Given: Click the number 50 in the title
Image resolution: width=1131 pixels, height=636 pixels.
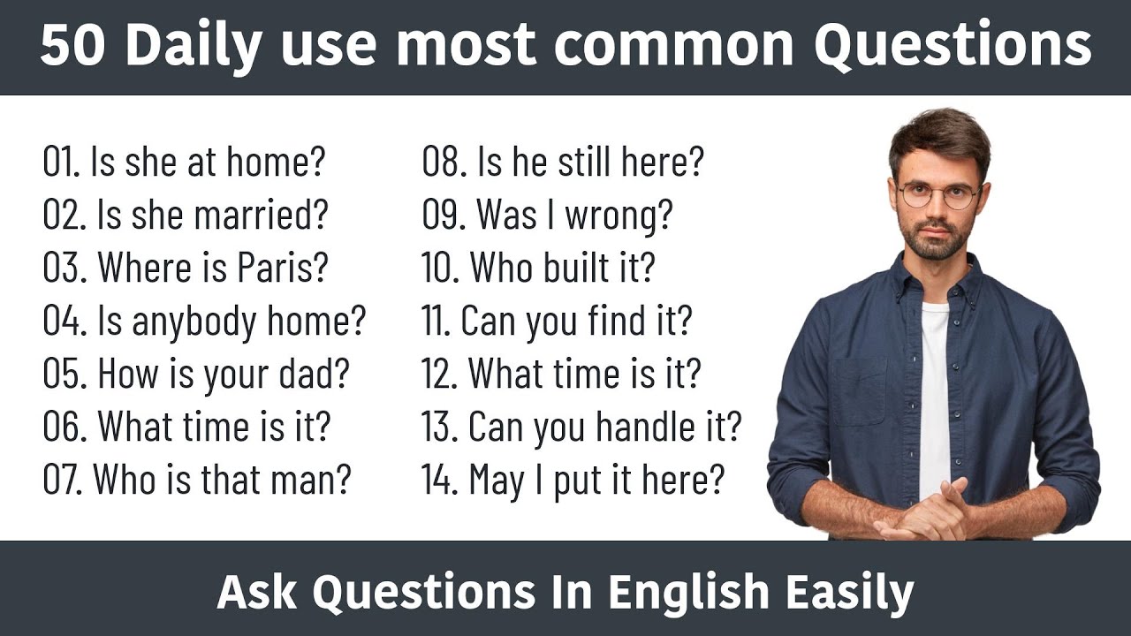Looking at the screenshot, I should coord(73,46).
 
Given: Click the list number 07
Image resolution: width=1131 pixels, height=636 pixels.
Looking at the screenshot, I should coord(64,480).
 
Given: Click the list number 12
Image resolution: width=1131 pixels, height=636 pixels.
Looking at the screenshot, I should coord(439,375).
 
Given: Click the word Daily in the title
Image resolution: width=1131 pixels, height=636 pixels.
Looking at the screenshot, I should coord(186,46).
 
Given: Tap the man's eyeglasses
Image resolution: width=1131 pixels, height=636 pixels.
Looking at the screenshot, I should coord(937,195).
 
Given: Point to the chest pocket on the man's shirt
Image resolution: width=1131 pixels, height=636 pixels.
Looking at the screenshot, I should coord(857,389).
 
